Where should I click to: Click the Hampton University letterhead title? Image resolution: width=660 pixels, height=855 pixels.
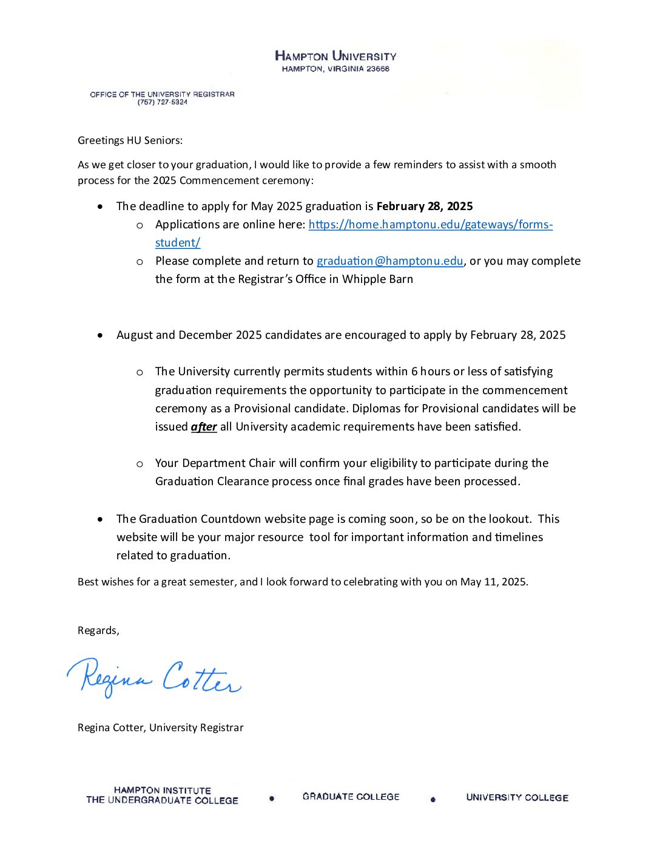coord(335,56)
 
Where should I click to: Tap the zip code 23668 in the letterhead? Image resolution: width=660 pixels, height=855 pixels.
coord(378,69)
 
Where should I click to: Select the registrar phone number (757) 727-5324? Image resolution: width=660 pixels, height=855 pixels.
coord(163,103)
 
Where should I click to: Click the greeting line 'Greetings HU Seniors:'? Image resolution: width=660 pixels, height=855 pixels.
coord(130,140)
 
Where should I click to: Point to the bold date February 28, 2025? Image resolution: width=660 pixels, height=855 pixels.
coord(425,206)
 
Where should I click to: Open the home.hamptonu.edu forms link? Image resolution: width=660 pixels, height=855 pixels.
coord(430,225)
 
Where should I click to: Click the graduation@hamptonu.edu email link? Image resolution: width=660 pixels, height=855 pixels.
coord(389,261)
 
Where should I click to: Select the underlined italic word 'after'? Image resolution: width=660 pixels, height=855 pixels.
coord(204,427)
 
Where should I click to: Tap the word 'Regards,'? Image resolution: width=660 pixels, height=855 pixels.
coord(98,630)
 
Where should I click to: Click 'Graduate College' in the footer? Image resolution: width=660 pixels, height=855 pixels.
coord(351,797)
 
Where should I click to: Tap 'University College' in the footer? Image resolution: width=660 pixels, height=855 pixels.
coord(517,798)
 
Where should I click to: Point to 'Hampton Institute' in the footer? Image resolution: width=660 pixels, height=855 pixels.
coord(162,791)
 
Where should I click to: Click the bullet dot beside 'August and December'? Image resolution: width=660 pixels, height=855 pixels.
coord(100,335)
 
